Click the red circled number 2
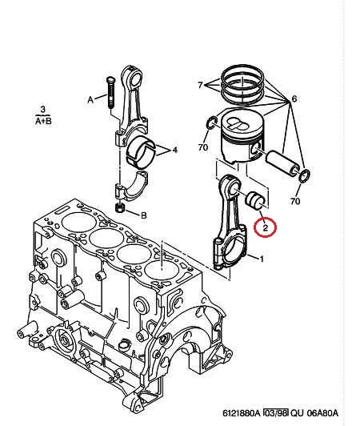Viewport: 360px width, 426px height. [265, 227]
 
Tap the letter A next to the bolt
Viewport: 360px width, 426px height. [90, 100]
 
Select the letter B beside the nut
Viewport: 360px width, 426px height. [144, 215]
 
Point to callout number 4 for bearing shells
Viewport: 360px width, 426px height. [175, 150]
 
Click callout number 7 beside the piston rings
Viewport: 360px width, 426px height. [200, 86]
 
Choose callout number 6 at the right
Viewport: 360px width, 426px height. [294, 99]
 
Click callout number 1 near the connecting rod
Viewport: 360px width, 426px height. [262, 259]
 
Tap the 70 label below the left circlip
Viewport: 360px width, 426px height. [203, 147]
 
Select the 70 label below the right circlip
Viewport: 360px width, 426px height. [295, 201]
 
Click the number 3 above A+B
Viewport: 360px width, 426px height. [43, 110]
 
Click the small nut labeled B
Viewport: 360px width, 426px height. [120, 208]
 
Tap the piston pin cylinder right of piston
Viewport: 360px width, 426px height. [282, 163]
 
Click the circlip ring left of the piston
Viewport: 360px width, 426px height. [212, 123]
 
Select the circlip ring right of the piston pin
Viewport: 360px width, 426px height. [304, 176]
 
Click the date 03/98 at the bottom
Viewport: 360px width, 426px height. [276, 413]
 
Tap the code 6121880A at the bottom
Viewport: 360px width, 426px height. [242, 413]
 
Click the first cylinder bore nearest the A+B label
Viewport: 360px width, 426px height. [78, 223]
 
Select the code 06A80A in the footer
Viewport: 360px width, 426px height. [322, 413]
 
